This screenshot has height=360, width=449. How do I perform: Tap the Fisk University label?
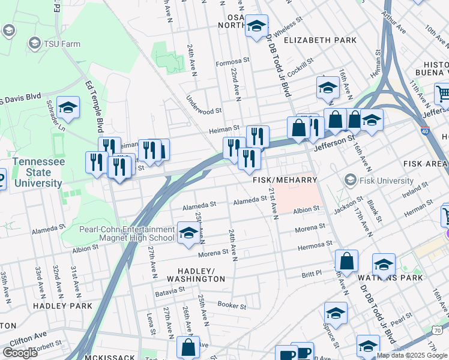(x=387, y=180)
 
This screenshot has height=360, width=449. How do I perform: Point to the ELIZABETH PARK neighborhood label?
(x=320, y=40)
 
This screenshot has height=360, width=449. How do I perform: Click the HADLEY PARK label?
(x=62, y=306)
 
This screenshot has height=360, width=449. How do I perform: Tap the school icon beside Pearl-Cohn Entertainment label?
(x=188, y=234)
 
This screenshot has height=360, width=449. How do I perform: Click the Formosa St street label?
(x=232, y=61)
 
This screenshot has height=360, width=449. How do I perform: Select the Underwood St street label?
(x=204, y=111)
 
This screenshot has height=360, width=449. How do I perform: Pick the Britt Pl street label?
(x=312, y=272)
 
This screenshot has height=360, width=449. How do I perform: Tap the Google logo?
(x=20, y=353)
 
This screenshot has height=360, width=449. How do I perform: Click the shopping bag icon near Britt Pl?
(x=346, y=261)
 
